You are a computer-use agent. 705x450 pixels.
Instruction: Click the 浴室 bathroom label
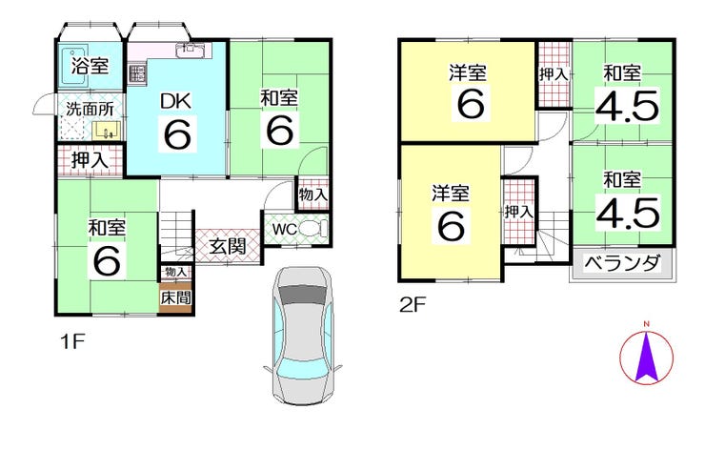click(x=90, y=66)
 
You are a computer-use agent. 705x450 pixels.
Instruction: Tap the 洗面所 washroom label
click(x=90, y=109)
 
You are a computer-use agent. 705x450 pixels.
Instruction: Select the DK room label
click(x=176, y=101)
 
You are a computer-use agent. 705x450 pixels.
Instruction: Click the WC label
click(x=285, y=230)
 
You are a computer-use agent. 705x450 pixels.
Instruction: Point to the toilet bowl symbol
click(x=313, y=229)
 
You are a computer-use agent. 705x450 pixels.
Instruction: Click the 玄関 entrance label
click(x=228, y=247)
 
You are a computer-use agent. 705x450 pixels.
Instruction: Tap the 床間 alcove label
click(x=176, y=297)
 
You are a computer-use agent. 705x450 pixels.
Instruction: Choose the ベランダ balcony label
click(x=622, y=263)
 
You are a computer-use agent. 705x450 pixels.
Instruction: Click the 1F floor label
click(x=72, y=342)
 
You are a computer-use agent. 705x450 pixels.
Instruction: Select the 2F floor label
click(x=413, y=306)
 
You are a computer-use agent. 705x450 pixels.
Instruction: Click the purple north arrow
click(x=647, y=357)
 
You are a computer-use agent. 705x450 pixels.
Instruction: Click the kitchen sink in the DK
click(x=193, y=50)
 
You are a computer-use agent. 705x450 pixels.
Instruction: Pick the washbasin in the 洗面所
click(x=107, y=131)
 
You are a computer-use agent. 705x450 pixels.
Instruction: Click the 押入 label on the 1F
click(x=90, y=160)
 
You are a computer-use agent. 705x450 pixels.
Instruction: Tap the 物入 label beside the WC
click(x=312, y=194)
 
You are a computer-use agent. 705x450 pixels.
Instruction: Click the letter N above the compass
click(x=646, y=324)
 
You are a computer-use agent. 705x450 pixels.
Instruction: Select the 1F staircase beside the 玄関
click(x=176, y=235)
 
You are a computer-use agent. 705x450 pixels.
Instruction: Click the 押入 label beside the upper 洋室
click(x=553, y=74)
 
